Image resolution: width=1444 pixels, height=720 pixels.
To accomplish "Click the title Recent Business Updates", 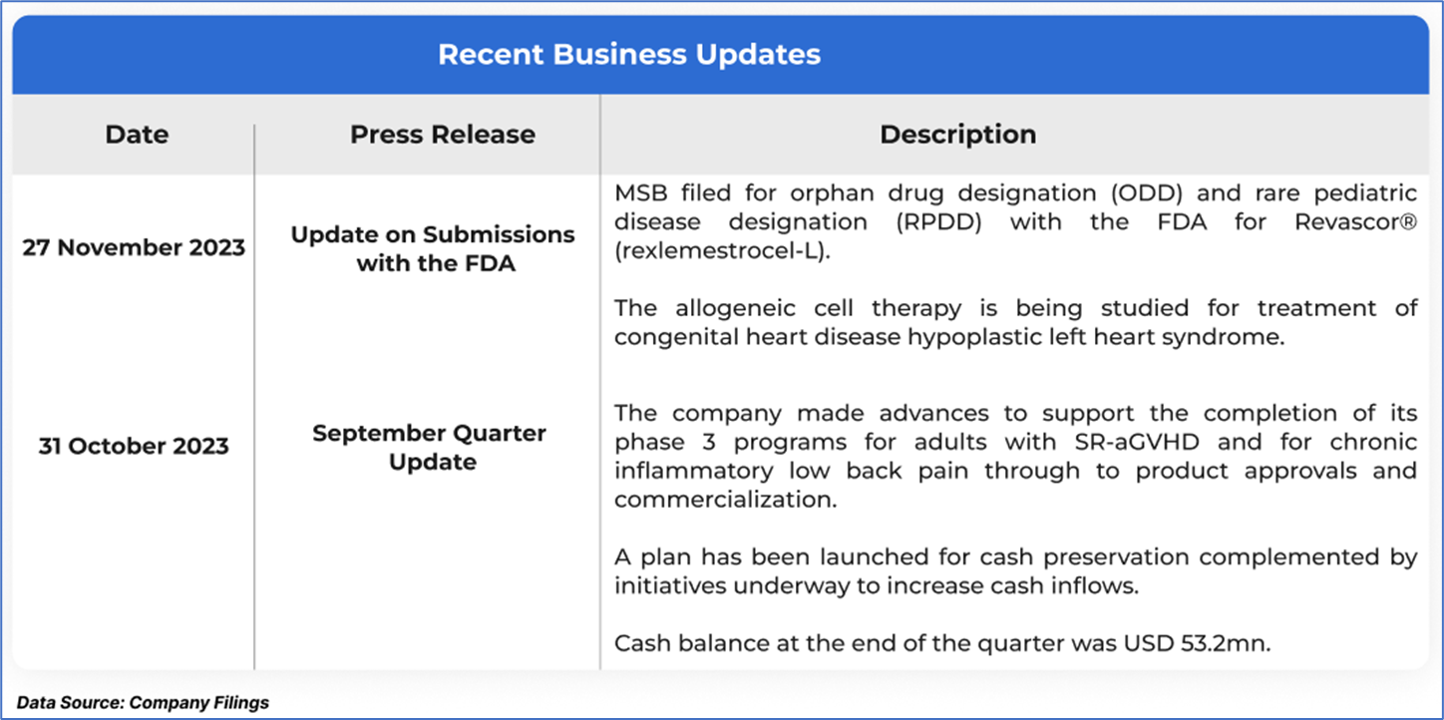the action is click(x=629, y=54).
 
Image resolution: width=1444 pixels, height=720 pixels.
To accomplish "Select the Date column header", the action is click(x=137, y=134).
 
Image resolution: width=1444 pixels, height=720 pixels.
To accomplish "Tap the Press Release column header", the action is click(x=442, y=134).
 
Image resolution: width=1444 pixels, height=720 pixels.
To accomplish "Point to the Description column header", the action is click(x=958, y=134).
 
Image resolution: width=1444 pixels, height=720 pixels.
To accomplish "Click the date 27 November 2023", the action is click(x=134, y=247).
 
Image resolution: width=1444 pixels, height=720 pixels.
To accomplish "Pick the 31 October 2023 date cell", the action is click(x=134, y=446).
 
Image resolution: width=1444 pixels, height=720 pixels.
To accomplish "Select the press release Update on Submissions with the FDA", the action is click(x=433, y=249).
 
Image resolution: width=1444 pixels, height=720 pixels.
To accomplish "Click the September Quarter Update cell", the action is click(x=430, y=448).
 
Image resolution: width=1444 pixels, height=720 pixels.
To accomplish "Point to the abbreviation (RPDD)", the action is click(x=938, y=222).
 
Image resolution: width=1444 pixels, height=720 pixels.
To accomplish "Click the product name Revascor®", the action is click(x=1355, y=221).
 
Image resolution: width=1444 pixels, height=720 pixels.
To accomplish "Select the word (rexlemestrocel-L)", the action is click(x=722, y=250).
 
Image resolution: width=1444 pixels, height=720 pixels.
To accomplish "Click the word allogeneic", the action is click(x=735, y=309).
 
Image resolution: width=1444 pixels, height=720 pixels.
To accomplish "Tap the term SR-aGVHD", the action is click(x=1137, y=442).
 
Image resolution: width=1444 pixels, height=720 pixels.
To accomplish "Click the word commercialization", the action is click(x=725, y=500).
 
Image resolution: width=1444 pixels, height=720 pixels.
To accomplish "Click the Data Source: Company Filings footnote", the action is click(x=143, y=703).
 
